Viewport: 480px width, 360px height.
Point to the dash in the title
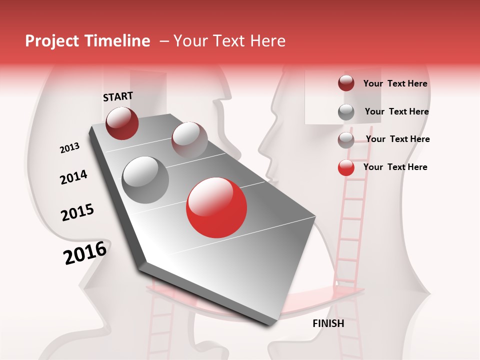point(164,41)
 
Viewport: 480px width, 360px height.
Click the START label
point(118,96)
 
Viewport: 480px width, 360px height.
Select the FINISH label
point(328,323)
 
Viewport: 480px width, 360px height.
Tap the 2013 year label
point(69,148)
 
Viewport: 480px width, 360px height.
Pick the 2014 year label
point(73,177)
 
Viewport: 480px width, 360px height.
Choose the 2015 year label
point(77,212)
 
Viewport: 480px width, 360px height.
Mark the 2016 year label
point(85,252)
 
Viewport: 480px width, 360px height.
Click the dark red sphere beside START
point(122,123)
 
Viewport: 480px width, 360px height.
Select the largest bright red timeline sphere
point(216,207)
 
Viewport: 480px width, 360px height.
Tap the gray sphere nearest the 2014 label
point(145,180)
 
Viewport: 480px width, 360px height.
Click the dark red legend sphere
point(346,83)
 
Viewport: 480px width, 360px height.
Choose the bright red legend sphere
point(346,167)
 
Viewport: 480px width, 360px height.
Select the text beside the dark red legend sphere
point(395,84)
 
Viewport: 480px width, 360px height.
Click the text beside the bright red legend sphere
point(395,167)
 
